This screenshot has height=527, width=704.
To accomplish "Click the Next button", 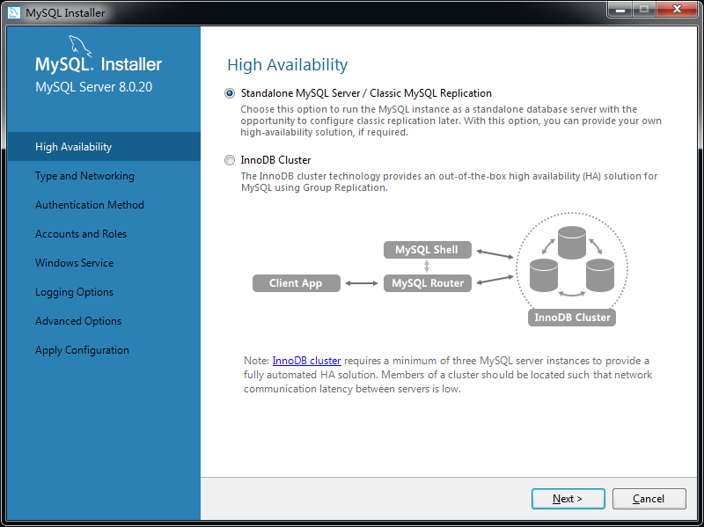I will tap(568, 498).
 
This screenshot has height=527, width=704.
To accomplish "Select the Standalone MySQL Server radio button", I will tap(231, 93).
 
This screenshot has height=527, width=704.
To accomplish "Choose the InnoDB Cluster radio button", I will tap(231, 160).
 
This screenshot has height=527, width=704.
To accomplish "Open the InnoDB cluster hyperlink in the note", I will tap(306, 361).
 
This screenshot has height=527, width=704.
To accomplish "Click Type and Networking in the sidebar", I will tap(84, 176).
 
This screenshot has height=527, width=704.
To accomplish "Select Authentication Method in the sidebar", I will tap(90, 205).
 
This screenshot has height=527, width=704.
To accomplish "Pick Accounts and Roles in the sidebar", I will tap(81, 234).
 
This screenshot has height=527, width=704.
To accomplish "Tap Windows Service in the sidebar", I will tap(74, 263).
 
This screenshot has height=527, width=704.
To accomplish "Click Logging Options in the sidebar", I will tap(74, 292).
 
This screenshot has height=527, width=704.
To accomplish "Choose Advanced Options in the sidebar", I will tap(78, 321).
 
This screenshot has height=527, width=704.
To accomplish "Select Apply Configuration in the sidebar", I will tap(82, 350).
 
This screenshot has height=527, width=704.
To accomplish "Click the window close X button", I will tap(675, 10).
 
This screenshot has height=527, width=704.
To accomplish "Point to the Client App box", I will tap(296, 283).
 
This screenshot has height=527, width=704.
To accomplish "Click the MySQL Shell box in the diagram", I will tap(427, 250).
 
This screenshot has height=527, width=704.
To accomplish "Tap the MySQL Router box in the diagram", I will tap(427, 283).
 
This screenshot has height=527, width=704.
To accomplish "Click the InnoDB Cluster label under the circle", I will tap(572, 318).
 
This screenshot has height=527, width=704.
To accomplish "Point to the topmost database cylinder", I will tap(571, 242).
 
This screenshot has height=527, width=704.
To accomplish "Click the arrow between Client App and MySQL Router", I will tap(362, 283).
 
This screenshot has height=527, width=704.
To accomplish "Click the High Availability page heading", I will tap(288, 64).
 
